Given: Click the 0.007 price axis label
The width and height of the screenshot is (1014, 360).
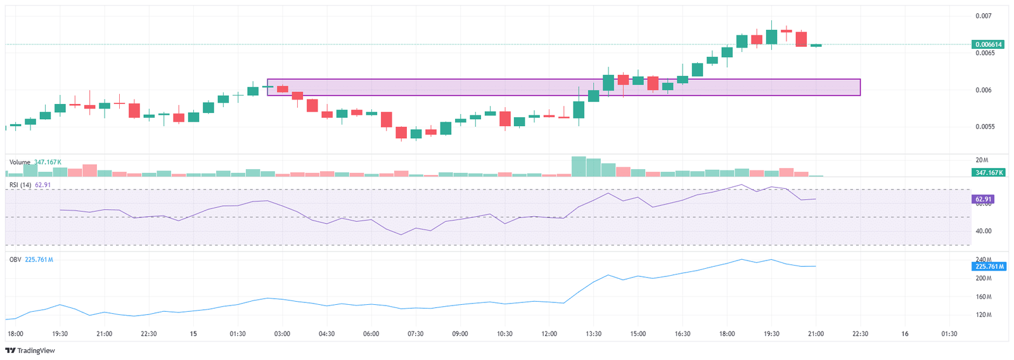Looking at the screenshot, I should pyautogui.click(x=984, y=16).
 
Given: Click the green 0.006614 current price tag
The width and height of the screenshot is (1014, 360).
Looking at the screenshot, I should pyautogui.click(x=988, y=44).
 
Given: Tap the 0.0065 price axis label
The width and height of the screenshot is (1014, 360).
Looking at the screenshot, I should pyautogui.click(x=985, y=53).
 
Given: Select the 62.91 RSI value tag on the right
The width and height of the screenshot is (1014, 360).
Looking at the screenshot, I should pyautogui.click(x=983, y=199).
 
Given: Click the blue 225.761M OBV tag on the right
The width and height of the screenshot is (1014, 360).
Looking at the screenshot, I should pyautogui.click(x=989, y=266).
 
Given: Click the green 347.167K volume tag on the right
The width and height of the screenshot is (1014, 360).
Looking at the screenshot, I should pyautogui.click(x=988, y=172).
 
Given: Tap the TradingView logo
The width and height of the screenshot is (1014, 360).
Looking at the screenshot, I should pyautogui.click(x=30, y=350).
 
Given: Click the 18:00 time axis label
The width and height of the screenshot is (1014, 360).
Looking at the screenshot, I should pyautogui.click(x=15, y=334).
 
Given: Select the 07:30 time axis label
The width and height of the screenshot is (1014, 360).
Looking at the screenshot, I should pyautogui.click(x=416, y=334).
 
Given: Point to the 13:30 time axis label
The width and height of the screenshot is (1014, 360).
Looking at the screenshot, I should pyautogui.click(x=594, y=334).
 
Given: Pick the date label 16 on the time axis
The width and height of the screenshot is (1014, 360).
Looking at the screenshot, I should pyautogui.click(x=905, y=334).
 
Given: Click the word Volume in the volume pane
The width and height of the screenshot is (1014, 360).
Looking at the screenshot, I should pyautogui.click(x=20, y=162).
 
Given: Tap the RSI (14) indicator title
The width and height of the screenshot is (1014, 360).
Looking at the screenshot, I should pyautogui.click(x=20, y=185).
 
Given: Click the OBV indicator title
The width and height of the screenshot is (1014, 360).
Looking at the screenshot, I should pyautogui.click(x=15, y=260).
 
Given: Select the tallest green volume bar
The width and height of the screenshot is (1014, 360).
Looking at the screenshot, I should pyautogui.click(x=579, y=166).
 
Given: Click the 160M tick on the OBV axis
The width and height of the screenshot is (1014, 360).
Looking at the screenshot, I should pyautogui.click(x=984, y=297).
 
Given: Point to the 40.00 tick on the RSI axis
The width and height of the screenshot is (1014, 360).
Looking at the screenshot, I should pyautogui.click(x=984, y=231).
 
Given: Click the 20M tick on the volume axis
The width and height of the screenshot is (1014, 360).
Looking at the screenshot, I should pyautogui.click(x=982, y=160).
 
